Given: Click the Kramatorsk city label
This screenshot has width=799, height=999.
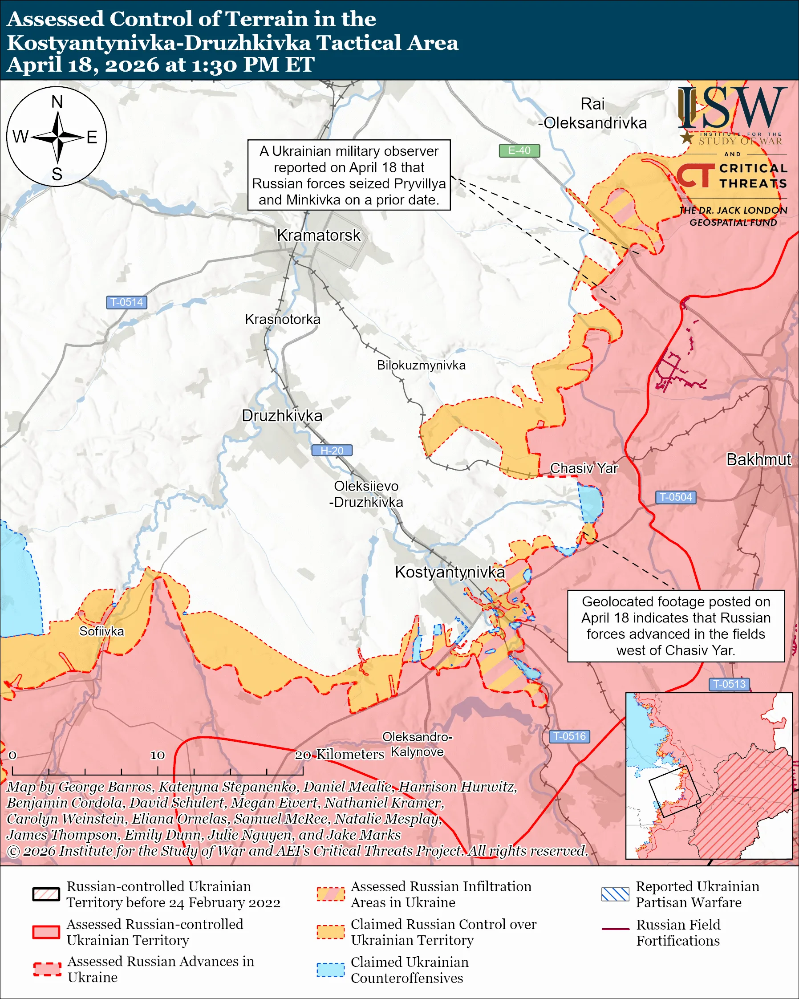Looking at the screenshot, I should pos(318,236).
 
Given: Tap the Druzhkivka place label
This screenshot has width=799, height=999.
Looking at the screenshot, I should pos(282,416).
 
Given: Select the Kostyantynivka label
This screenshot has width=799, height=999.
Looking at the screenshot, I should pos(450,572).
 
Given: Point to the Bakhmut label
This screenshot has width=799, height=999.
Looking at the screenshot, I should pos(758,459).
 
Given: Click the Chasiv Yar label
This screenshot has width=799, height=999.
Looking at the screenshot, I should pos(584,468).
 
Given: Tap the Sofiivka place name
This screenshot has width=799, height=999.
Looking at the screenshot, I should pos(101,631).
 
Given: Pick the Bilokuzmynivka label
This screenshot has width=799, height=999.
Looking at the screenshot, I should pos(421,365).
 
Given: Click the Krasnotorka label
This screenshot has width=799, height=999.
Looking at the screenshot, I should pos(283,319).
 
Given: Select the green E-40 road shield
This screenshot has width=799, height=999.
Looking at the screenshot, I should pos(519,150).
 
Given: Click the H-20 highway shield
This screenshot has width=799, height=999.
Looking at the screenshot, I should pos(332,451).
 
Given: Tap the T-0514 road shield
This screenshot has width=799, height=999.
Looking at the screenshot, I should pos(126,302).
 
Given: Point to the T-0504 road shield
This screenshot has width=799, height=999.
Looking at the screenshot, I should pos(675,497).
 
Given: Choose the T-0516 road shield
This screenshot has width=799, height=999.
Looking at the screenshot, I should pos(569,736).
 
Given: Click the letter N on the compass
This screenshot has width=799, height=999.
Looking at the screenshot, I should pos(57,102).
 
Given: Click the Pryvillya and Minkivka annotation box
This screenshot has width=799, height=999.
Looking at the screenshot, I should pos(349,175).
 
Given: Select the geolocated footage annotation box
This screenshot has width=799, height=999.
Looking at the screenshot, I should pos(676,626).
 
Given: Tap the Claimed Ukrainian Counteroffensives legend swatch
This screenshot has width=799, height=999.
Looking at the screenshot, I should pos(331,970).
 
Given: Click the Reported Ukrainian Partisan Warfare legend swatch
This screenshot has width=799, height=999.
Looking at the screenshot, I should pos(615,894).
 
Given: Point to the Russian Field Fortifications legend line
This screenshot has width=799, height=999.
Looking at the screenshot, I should pos(615,929).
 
